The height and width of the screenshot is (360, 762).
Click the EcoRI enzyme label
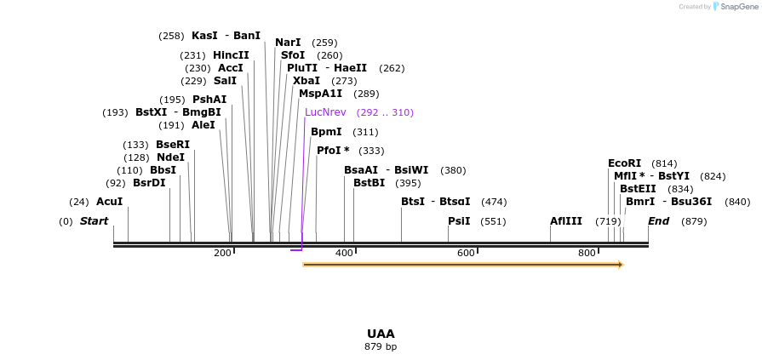624,163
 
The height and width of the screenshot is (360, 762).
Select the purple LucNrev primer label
325,112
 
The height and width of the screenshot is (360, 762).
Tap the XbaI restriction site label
307,81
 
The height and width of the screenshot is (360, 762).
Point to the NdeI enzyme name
170,157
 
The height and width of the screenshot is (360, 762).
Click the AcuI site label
109,202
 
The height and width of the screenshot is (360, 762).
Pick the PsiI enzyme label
459,221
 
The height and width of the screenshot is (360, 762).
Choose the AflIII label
565,221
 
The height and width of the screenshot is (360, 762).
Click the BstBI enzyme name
369,183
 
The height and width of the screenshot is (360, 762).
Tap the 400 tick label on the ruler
345,253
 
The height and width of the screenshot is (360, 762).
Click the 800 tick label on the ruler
587,253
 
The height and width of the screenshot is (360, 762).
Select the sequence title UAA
381,334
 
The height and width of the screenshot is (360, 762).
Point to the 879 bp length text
381,347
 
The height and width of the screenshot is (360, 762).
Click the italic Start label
94,221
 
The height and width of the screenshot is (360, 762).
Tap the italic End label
658,221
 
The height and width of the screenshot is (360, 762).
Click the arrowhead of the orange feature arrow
621,265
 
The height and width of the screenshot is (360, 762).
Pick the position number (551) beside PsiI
493,221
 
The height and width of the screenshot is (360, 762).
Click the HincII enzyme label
231,55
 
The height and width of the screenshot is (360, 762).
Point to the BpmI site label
326,132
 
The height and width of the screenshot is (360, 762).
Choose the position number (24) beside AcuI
79,202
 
